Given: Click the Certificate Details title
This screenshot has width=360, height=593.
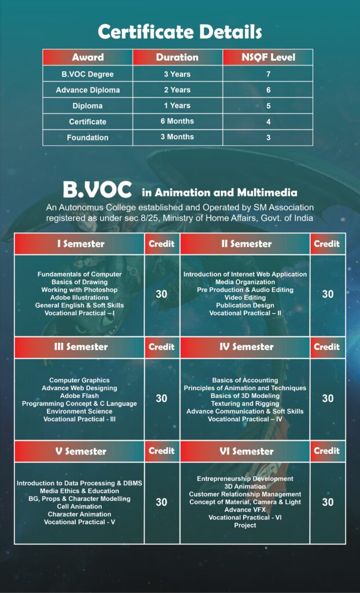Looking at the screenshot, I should [x=179, y=32].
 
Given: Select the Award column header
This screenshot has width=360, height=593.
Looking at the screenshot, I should [x=87, y=57].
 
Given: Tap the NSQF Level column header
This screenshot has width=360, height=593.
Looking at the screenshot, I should [x=267, y=57].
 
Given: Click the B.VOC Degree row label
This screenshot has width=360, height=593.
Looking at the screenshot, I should [x=87, y=74].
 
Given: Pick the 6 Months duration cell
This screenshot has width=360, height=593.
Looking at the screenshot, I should [x=177, y=121].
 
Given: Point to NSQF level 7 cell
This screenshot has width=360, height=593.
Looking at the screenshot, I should [x=268, y=74].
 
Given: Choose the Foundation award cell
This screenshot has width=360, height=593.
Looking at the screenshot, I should [x=87, y=137].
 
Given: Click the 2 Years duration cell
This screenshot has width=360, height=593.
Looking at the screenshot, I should [x=177, y=90].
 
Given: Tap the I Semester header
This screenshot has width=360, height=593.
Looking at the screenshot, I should [x=80, y=244].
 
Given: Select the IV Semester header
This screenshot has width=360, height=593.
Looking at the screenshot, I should [x=245, y=347].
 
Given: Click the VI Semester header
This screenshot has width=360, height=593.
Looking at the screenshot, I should [x=245, y=451].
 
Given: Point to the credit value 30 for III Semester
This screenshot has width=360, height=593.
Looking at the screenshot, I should [x=161, y=398].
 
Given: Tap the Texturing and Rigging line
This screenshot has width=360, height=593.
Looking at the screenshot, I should [x=245, y=404].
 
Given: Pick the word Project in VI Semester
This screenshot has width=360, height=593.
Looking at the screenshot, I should [x=245, y=525].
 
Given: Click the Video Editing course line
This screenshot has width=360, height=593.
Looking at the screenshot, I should [x=245, y=297].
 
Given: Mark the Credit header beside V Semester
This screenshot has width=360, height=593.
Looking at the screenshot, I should [x=161, y=451].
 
